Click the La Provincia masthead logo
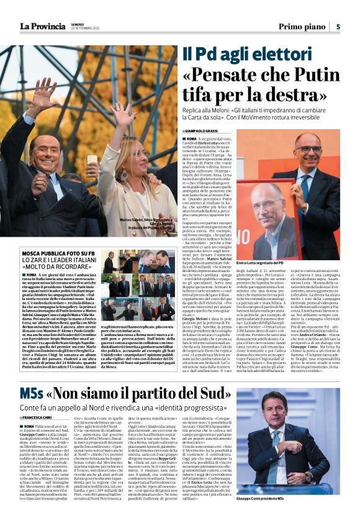42,25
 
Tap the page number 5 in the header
338,26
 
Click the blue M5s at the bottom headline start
32,394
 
